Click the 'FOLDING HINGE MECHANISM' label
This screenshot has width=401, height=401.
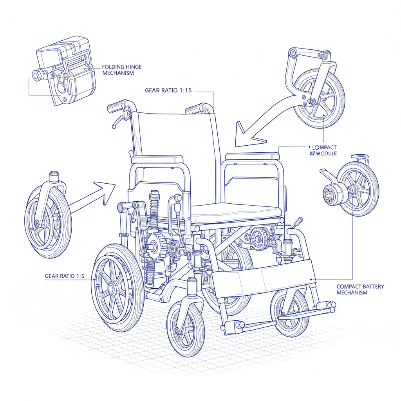[122, 70]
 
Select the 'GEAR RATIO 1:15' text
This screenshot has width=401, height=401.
[168, 90]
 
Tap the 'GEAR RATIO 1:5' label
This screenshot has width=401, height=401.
[65, 276]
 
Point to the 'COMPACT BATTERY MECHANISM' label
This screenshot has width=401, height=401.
[360, 289]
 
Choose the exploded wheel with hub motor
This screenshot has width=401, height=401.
[350, 190]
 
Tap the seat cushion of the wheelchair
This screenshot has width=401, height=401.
[235, 213]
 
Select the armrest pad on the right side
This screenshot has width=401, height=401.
[253, 156]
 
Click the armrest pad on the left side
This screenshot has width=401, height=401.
[157, 159]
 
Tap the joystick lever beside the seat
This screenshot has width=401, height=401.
[298, 222]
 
